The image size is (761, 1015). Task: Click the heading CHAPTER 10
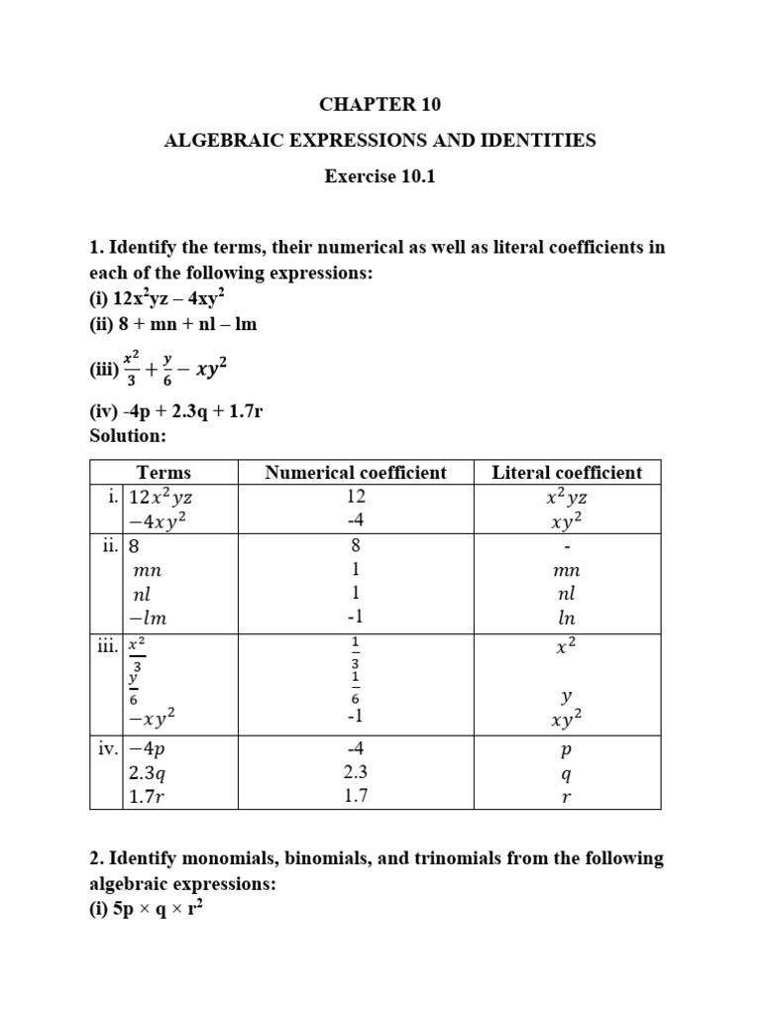pos(380,104)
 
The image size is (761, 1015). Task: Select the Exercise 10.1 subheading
pos(380,177)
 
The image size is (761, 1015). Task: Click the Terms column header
pos(163,473)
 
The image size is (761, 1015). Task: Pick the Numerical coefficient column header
pos(356,473)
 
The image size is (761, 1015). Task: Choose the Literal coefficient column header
pos(567,473)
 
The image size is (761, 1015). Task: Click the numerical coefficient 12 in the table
pos(357,496)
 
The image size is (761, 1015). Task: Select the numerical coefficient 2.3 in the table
pos(357,773)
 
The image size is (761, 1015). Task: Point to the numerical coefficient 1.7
pos(357,796)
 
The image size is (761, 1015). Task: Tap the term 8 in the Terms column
pos(136,546)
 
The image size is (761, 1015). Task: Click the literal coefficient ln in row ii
pos(567,619)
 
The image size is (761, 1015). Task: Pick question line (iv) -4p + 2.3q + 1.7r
pos(176,411)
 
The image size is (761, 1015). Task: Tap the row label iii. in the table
pos(107,646)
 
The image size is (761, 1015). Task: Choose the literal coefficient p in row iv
pos(567,750)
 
